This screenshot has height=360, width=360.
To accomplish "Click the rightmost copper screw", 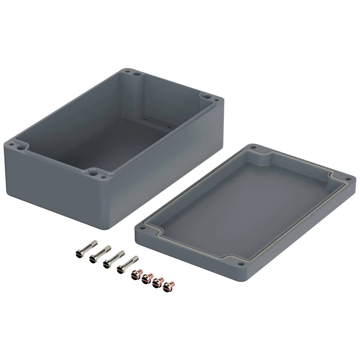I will (168, 286).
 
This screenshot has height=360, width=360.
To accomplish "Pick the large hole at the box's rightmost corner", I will (206, 96).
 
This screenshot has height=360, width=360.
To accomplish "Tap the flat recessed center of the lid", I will (245, 209).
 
